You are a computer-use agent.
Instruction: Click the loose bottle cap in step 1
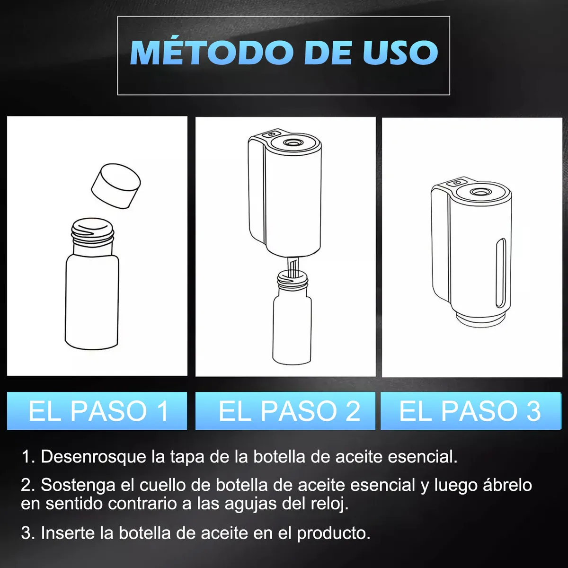[x=116, y=186]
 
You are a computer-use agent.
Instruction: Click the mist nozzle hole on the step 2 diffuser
[x=290, y=142]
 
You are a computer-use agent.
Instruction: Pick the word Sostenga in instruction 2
[x=78, y=485]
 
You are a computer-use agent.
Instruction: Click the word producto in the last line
[x=333, y=533]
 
